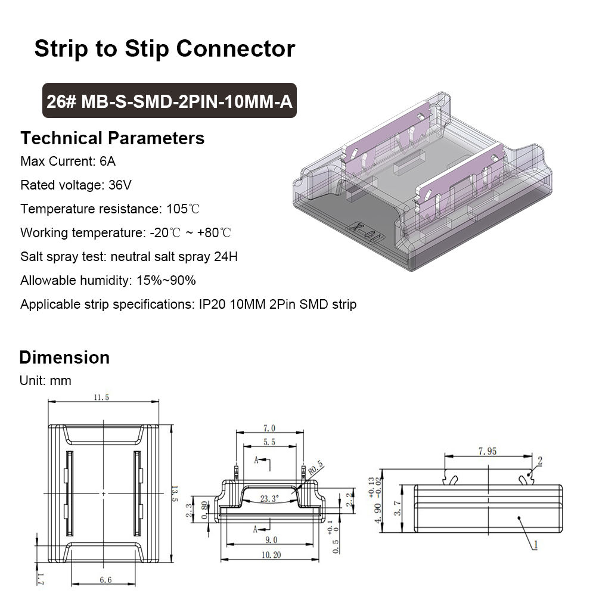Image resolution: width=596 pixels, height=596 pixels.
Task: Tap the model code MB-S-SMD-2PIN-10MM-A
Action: (x=187, y=101)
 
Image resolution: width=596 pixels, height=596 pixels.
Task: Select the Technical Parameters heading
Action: (x=112, y=138)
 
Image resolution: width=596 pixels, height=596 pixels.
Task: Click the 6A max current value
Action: (x=107, y=161)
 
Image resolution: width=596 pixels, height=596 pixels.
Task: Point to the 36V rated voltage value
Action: (x=120, y=185)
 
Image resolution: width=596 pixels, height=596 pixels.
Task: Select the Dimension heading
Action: (x=64, y=358)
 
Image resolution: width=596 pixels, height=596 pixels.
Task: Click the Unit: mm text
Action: (x=45, y=380)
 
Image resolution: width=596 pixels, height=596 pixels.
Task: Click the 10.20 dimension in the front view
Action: (x=271, y=554)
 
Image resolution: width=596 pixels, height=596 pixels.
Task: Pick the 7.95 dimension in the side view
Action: (x=487, y=451)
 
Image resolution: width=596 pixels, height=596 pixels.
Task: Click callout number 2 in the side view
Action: (x=540, y=461)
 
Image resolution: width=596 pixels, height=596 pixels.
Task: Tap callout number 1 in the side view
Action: (x=535, y=544)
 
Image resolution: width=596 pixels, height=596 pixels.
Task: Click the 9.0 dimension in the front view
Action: (x=271, y=539)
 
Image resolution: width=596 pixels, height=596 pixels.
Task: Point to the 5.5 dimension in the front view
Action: (x=269, y=442)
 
